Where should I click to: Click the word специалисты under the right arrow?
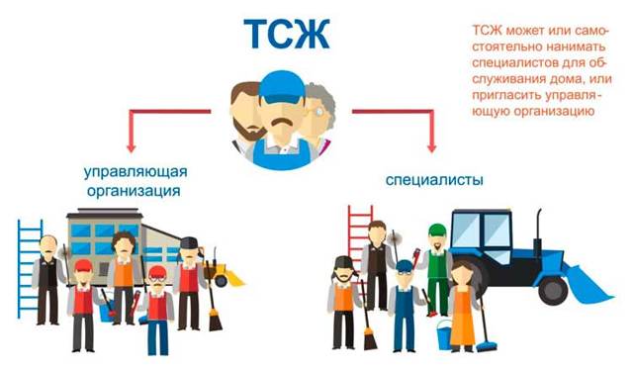(x=434, y=179)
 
